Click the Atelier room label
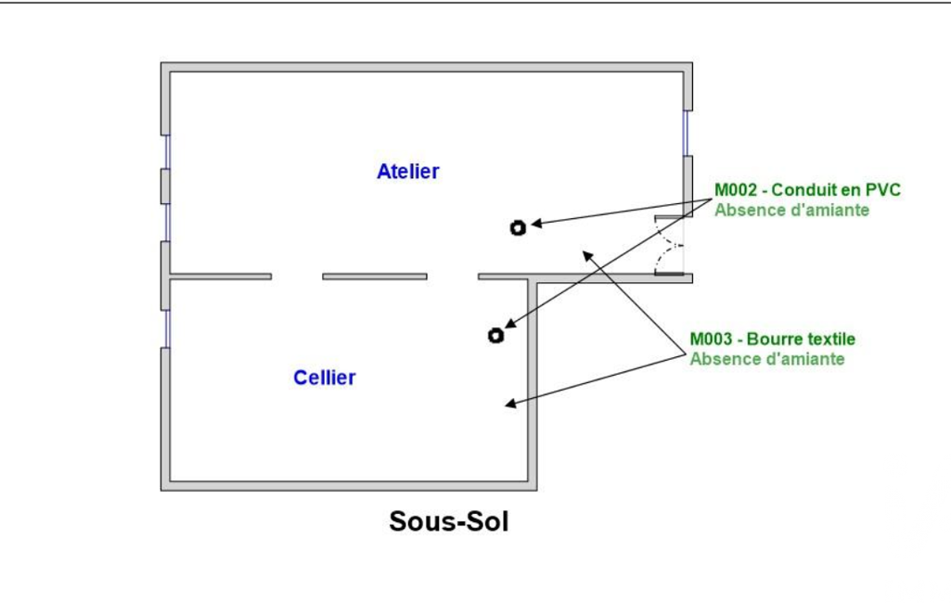tap(408, 172)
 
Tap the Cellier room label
tap(325, 378)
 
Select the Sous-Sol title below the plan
tap(449, 521)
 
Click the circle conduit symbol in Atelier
tap(518, 227)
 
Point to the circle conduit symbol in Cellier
tap(496, 335)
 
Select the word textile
tap(828, 340)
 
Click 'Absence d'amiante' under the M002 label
tap(791, 211)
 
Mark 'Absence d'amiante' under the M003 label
tap(767, 359)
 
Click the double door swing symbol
tap(670, 246)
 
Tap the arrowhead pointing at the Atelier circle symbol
tap(535, 224)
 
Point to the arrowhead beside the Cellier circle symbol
tap(509, 325)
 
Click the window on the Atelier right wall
tap(688, 133)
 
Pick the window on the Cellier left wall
tap(166, 328)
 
